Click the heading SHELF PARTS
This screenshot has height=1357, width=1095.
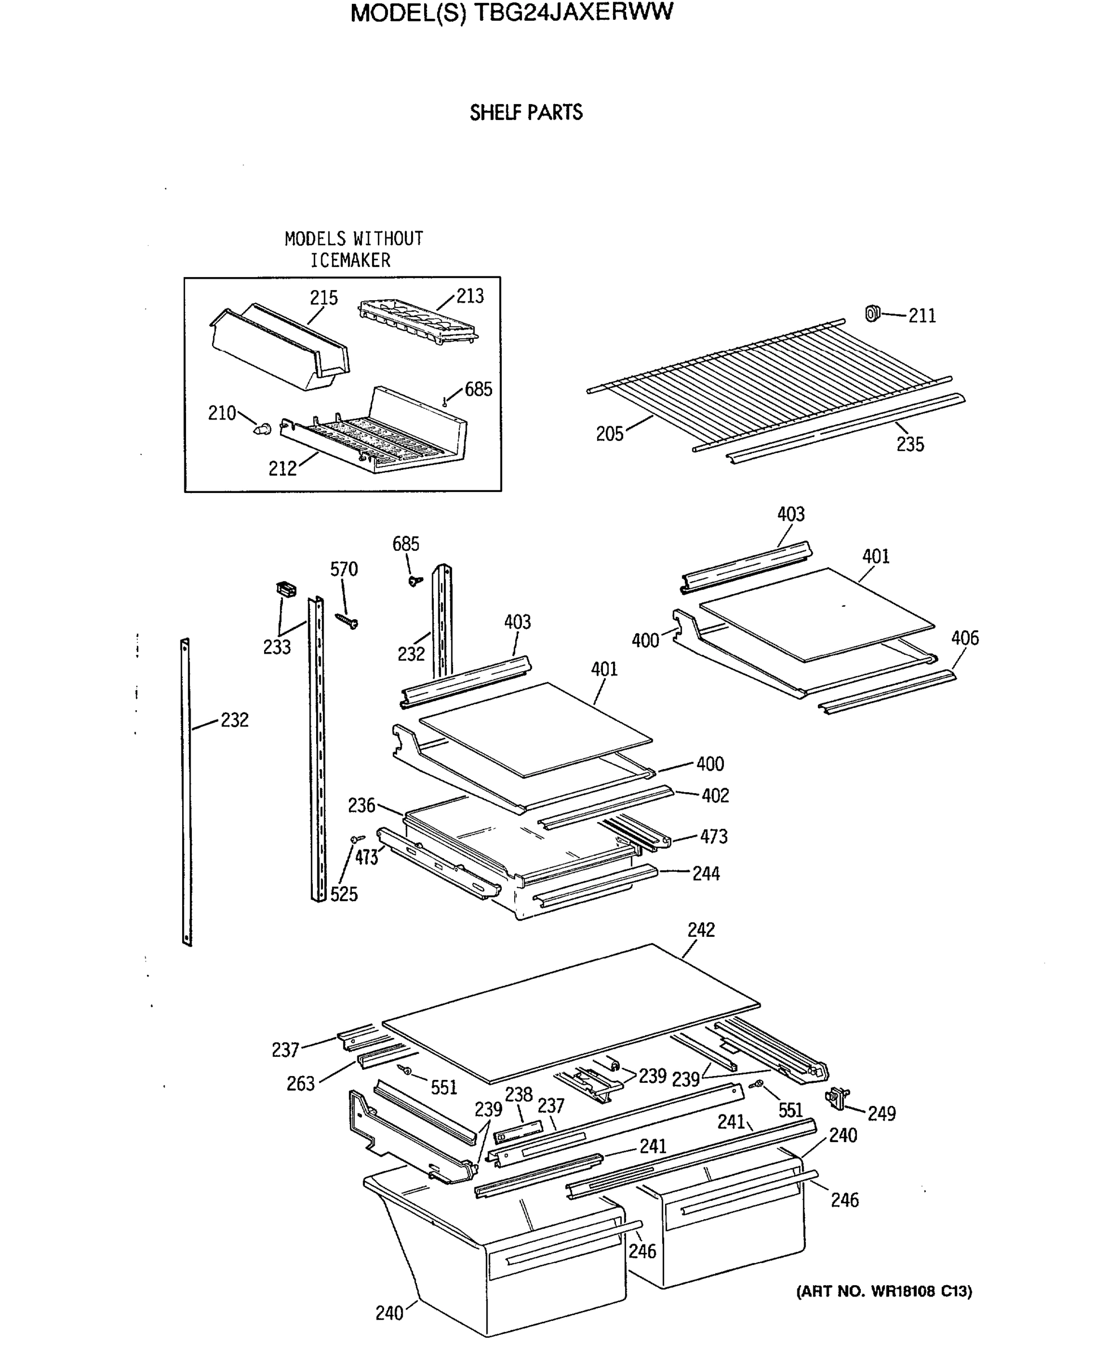(526, 113)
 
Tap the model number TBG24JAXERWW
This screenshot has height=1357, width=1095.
(573, 12)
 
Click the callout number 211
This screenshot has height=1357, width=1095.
(921, 316)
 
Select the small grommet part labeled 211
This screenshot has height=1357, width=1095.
(872, 313)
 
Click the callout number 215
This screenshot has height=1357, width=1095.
(324, 297)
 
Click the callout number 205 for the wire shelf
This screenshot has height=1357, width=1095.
(609, 434)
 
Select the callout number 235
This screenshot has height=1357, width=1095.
(910, 444)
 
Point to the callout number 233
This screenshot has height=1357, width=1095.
(277, 647)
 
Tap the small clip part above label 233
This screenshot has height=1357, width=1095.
(286, 589)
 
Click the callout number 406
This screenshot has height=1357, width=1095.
(964, 638)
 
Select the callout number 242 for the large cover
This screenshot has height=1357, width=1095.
(701, 930)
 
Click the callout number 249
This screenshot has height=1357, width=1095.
(881, 1114)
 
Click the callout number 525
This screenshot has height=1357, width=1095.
(344, 894)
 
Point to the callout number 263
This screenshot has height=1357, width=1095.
(300, 1084)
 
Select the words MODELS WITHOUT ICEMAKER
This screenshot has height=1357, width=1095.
(353, 249)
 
